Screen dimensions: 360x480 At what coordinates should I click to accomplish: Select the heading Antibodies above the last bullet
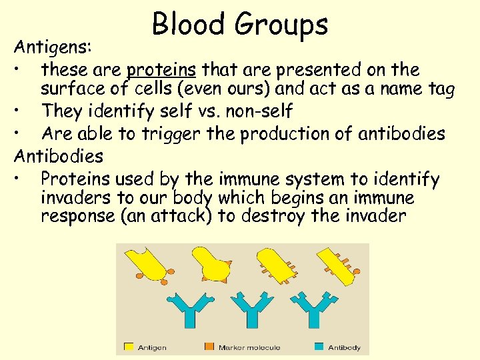pyautogui.click(x=59, y=156)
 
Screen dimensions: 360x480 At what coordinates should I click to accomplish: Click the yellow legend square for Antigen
pyautogui.click(x=129, y=347)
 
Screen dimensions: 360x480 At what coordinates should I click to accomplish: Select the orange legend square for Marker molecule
pyautogui.click(x=208, y=347)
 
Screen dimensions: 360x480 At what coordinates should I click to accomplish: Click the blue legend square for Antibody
pyautogui.click(x=319, y=347)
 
